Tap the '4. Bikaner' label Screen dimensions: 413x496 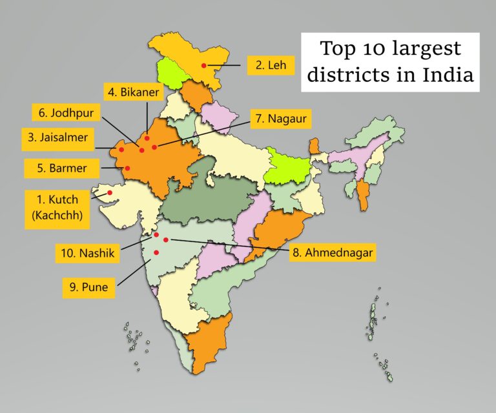(133, 93)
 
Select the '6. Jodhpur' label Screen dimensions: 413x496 (67, 114)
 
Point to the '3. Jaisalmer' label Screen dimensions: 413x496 (57, 137)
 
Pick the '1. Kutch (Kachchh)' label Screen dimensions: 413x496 (56, 208)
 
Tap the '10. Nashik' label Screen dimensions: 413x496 (87, 254)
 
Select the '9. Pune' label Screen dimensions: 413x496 (89, 287)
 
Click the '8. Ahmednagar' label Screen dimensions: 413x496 (332, 253)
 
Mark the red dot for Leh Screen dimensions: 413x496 (204, 66)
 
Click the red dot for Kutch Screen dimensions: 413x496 (110, 192)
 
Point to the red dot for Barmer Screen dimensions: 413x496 (127, 168)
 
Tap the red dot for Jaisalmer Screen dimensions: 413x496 (121, 150)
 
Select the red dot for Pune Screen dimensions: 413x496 (156, 252)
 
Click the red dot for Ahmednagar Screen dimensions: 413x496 (167, 240)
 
